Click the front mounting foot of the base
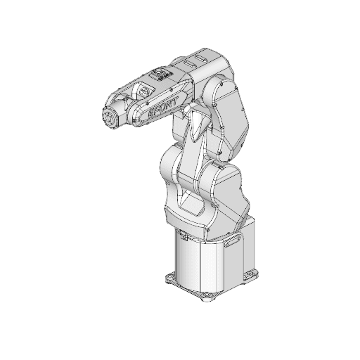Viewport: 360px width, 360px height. click(206, 298)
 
